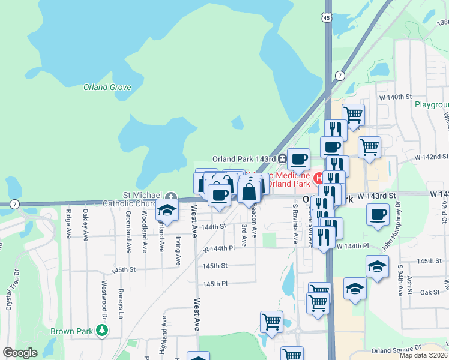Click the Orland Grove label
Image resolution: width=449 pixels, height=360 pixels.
107,87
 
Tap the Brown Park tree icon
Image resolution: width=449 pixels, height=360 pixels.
103,329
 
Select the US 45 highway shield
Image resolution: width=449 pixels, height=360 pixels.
326,18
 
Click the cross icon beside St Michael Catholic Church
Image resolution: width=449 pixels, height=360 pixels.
172,196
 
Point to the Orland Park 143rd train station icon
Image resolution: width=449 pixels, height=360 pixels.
281,159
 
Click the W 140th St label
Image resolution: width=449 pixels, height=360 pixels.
393,97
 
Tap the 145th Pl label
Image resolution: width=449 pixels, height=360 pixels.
215,283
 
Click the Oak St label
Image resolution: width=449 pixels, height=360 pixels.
430,292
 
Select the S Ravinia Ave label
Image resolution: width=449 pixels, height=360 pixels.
295,224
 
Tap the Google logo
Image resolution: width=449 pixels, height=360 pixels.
20,353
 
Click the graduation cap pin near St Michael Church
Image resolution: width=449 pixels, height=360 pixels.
167,211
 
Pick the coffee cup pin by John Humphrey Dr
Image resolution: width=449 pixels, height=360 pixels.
378,215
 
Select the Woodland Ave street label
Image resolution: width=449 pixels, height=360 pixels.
144,223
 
